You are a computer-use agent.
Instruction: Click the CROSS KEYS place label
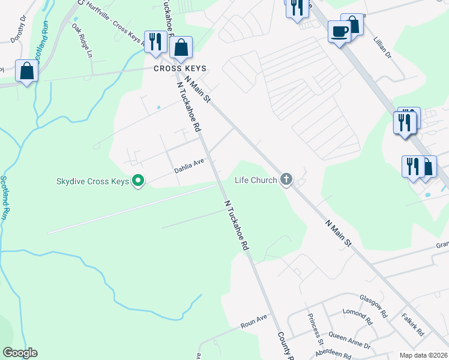click(176, 68)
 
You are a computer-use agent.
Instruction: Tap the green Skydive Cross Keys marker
click(139, 180)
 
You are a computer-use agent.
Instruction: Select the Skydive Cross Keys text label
click(93, 181)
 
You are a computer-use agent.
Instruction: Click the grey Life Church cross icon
click(286, 179)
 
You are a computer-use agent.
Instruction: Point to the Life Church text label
click(256, 179)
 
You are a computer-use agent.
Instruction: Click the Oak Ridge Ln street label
click(82, 40)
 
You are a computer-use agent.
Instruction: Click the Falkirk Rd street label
click(414, 325)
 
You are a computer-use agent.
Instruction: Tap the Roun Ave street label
click(253, 320)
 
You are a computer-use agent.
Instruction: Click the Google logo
click(20, 353)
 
